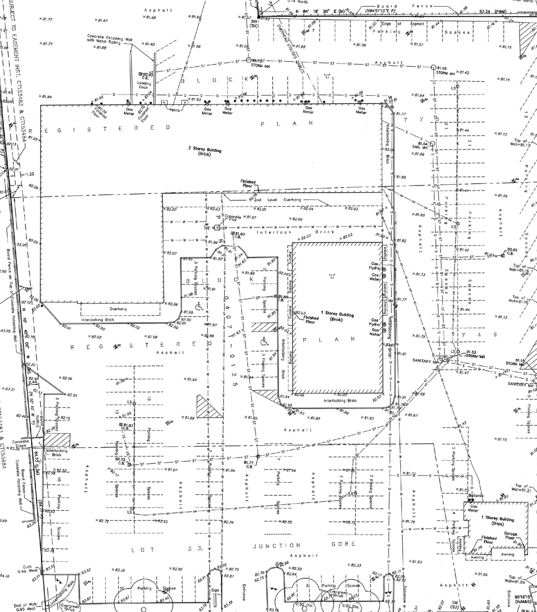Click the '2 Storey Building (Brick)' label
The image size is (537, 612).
[204, 151]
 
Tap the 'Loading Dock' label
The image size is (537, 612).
[144, 85]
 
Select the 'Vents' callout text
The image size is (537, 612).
[175, 110]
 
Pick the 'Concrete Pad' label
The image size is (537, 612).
[233, 218]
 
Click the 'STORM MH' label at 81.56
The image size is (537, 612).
[445, 73]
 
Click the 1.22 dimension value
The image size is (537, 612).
[30, 174]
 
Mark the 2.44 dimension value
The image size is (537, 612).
[33, 382]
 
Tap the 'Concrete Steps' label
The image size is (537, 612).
[20, 444]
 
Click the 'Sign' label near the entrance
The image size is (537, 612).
[215, 590]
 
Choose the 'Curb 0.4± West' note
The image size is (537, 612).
[27, 568]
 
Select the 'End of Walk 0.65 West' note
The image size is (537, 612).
[25, 607]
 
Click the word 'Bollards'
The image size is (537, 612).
[476, 496]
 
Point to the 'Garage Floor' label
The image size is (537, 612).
[510, 536]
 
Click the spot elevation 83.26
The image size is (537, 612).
[119, 570]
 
